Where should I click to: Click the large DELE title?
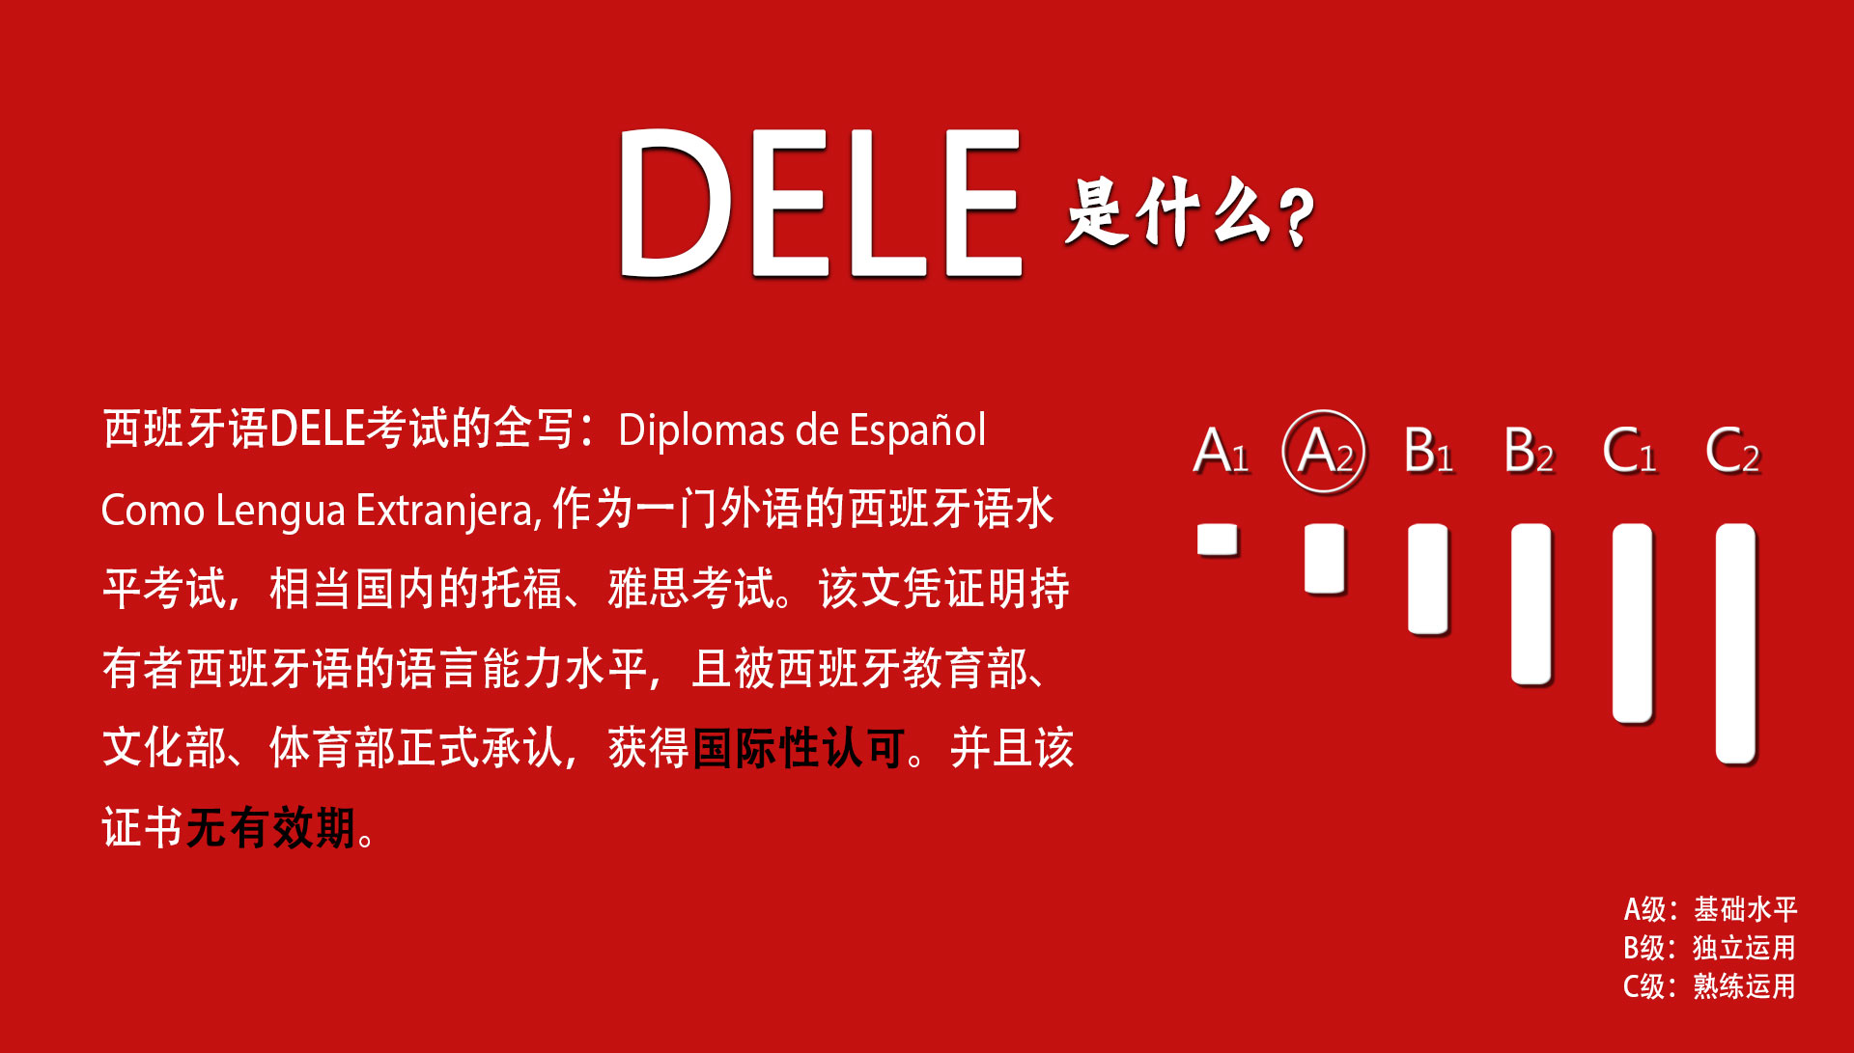820,203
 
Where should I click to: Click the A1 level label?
1222,451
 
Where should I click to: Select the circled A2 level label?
1325,451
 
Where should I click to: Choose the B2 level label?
1530,451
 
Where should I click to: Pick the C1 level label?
1630,451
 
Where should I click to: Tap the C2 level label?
1733,451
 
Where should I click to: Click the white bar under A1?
1218,540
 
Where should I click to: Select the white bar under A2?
1325,559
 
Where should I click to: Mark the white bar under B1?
1428,579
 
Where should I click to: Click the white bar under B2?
1531,604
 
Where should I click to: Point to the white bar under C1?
1633,623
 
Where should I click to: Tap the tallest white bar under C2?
1736,644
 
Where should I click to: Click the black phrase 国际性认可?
799,748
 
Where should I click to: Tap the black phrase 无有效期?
270,828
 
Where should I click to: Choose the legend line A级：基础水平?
1710,909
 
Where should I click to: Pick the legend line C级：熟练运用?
1709,986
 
